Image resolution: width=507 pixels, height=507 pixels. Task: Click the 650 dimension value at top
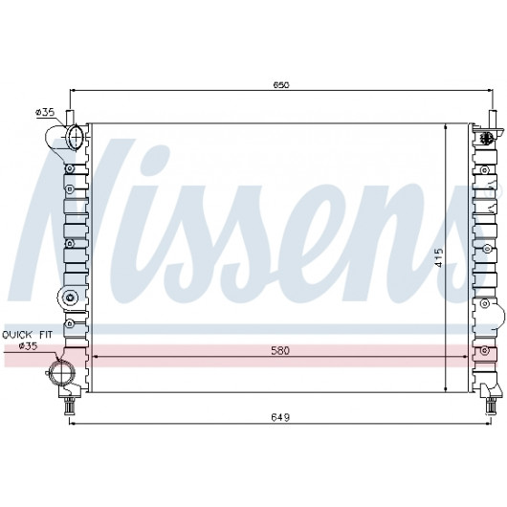coord(281,85)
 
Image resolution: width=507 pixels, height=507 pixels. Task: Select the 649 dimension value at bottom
coord(280,417)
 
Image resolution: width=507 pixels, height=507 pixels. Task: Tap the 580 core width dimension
coord(280,350)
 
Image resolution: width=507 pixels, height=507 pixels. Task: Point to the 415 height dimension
coord(439,257)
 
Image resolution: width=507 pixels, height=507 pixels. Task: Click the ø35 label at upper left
coord(45,112)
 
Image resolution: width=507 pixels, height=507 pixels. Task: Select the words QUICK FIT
coord(27,335)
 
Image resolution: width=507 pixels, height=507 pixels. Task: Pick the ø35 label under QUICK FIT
coord(28,346)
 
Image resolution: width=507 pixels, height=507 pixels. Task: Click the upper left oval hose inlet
coord(75,137)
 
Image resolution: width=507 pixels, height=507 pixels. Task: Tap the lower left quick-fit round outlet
coord(61,372)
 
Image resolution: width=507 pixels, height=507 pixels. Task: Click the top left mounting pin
coord(70,117)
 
